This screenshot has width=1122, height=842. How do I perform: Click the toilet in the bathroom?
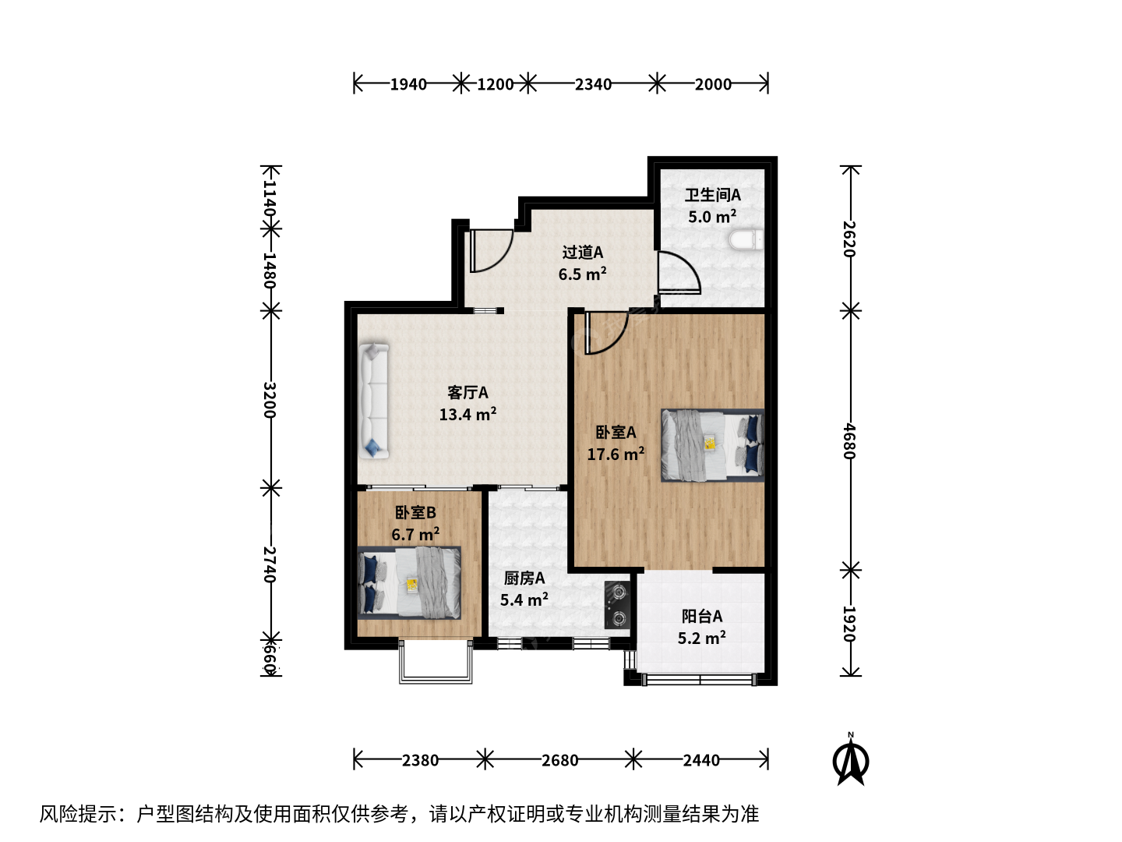[x=746, y=240]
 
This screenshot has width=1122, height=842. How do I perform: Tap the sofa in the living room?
[x=374, y=401]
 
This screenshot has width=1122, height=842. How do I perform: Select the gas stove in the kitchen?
[x=617, y=605]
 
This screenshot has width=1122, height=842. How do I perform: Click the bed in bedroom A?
[x=712, y=444]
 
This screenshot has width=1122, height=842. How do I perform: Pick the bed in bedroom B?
[x=409, y=583]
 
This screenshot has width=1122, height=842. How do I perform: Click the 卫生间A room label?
[x=713, y=195]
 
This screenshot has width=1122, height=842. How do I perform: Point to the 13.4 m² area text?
[x=467, y=413]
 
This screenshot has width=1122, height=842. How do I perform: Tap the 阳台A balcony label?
[x=702, y=617]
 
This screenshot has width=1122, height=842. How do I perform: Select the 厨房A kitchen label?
[x=524, y=578]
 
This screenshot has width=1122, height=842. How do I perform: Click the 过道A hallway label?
[x=583, y=252]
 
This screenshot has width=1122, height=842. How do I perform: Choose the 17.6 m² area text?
[x=616, y=454]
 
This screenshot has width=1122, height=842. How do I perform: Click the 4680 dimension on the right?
[x=849, y=440]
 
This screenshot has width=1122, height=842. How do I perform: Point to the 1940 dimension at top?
[x=408, y=84]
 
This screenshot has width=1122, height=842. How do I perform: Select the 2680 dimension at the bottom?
[x=559, y=760]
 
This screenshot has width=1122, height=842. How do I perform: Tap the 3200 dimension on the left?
[x=270, y=400]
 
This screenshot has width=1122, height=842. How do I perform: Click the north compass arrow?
[x=851, y=759]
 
